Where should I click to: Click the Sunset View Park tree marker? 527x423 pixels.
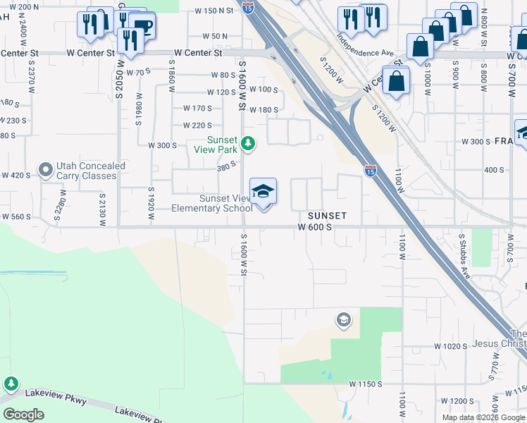pos(247,144)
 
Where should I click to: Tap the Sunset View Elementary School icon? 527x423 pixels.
pos(263,192)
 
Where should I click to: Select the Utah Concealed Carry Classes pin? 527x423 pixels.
pos(46,170)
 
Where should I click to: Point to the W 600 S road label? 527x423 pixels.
pos(314,227)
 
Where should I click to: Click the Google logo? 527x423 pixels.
pos(24,414)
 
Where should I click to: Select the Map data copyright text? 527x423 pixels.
pos(483,417)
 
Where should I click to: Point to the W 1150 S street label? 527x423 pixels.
pos(366,384)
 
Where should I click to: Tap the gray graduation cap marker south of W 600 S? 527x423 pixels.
pos(343,321)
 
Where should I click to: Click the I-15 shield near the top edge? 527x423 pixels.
pos(247,7)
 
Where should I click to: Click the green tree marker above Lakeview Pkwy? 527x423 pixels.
pos(11,384)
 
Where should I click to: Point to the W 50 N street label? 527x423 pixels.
pos(214,36)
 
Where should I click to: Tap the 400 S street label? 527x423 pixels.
pos(493,170)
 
